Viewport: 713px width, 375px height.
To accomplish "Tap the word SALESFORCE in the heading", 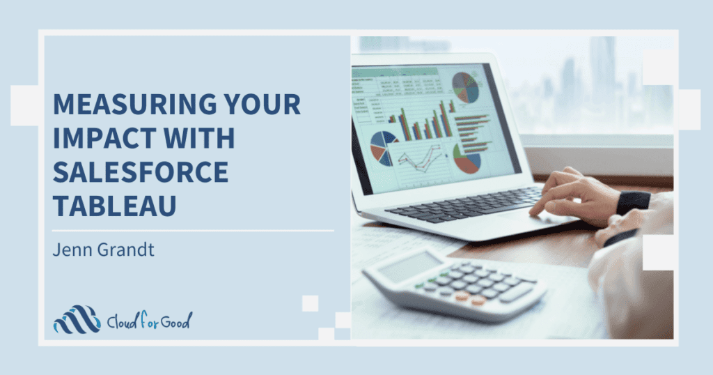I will [x=140, y=170].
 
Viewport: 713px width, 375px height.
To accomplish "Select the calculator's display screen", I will [x=412, y=268].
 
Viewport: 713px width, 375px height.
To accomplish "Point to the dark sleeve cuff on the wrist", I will [x=633, y=201].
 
